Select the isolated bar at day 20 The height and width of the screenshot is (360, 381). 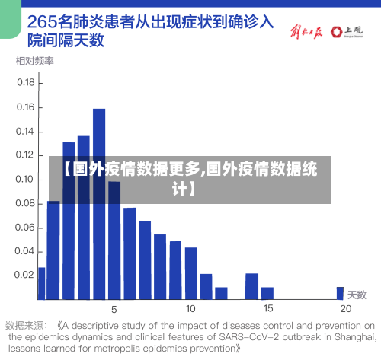coord(340,293)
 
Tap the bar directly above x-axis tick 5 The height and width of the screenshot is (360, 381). coord(114,240)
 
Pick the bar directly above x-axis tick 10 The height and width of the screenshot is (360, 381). coord(190,272)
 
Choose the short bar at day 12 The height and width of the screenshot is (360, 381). coord(221,292)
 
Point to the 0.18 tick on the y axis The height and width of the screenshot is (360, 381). coord(26,82)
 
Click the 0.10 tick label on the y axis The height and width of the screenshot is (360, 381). coord(26,180)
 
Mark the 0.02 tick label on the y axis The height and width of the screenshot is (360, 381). coord(26,275)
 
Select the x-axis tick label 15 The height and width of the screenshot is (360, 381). coord(267,308)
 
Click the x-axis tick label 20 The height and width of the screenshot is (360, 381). coord(345,308)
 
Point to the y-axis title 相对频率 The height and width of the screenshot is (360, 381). coord(34,60)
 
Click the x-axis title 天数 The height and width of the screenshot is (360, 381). coord(357,294)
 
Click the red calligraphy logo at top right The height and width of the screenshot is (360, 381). coord(306,32)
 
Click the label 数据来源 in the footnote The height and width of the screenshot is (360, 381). coord(26,323)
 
